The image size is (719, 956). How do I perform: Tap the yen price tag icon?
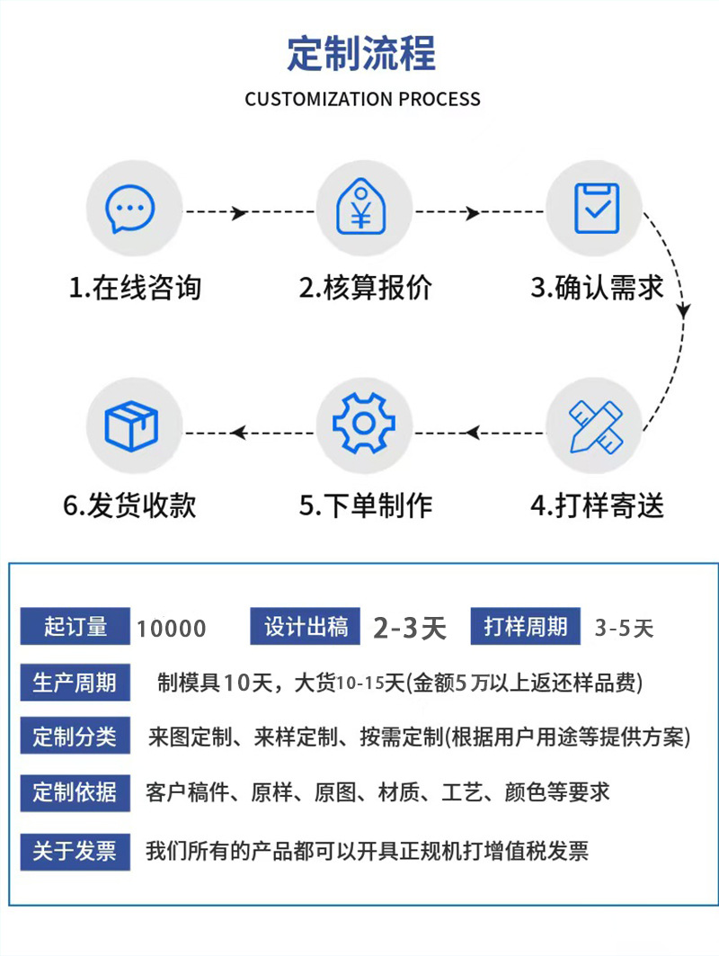[362, 210]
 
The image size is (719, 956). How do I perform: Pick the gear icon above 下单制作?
[364, 424]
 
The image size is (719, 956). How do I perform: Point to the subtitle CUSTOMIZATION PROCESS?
[362, 99]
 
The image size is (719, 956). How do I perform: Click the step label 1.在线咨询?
[135, 288]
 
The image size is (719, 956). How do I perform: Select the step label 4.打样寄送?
[597, 505]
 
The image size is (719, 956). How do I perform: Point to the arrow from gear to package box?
[248, 433]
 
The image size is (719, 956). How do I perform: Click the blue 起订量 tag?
[75, 627]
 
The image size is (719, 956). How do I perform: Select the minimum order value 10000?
[171, 629]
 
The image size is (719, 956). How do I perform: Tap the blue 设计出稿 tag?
[306, 627]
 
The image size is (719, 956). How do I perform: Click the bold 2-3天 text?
[410, 628]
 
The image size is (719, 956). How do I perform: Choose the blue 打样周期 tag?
[525, 627]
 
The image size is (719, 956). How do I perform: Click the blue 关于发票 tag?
[75, 851]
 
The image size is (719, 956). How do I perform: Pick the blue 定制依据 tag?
[75, 792]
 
